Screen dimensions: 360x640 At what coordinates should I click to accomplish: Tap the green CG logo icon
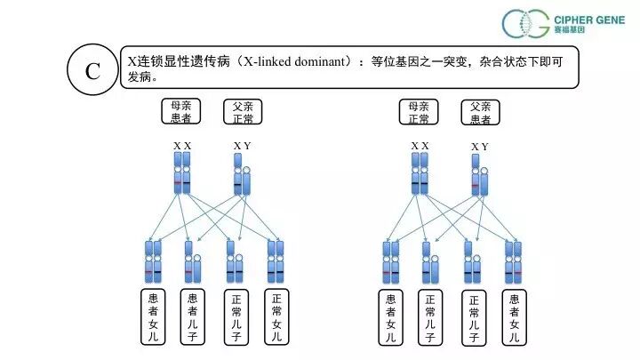[x=525, y=24]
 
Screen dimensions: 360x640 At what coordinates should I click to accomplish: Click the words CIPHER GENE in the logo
[x=588, y=17]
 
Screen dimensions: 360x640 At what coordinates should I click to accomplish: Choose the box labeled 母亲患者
[x=182, y=111]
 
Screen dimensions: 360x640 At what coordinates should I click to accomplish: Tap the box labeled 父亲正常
[x=242, y=111]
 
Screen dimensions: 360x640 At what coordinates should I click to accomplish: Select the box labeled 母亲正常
[x=420, y=111]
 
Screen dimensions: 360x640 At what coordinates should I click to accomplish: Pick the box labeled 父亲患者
[x=480, y=111]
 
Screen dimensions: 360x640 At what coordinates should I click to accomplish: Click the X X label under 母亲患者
[x=182, y=145]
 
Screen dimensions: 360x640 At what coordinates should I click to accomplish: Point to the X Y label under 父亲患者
[x=480, y=146]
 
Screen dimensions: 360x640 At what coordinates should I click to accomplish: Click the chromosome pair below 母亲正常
[x=420, y=172]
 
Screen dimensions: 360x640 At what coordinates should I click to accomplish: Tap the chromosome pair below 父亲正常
[x=242, y=173]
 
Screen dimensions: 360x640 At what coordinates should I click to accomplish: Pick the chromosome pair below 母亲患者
[x=182, y=172]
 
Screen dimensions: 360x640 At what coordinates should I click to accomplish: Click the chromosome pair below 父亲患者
[x=479, y=173]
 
